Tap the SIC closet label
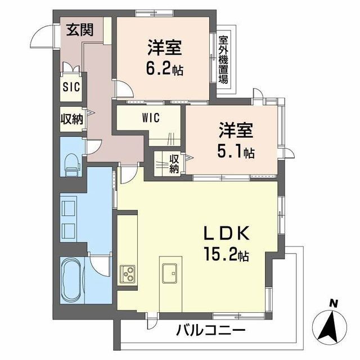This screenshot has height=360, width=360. tap(71, 87)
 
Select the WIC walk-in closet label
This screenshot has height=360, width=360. tap(151, 118)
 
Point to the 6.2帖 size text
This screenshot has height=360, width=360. tap(165, 70)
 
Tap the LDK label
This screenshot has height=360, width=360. tap(229, 233)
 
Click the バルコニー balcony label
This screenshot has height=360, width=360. tap(210, 329)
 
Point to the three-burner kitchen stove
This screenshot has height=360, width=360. tap(127, 275)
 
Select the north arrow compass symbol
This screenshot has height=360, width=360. tap(332, 325)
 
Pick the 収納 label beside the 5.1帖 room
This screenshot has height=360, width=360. tap(174, 163)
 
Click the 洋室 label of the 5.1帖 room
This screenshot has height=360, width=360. tap(236, 131)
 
